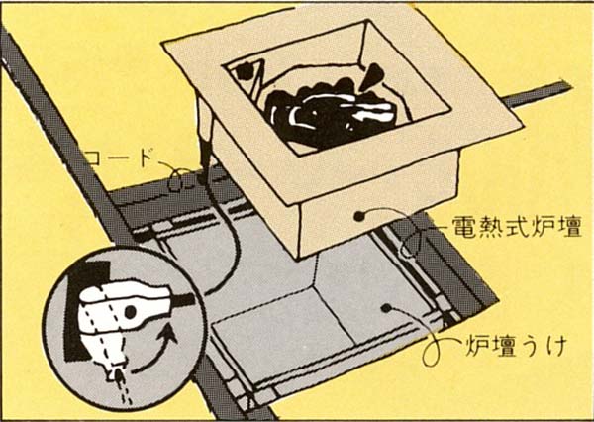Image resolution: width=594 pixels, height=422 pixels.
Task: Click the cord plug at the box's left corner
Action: (206, 149)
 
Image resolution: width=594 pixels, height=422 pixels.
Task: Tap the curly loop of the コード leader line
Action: (179, 179)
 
